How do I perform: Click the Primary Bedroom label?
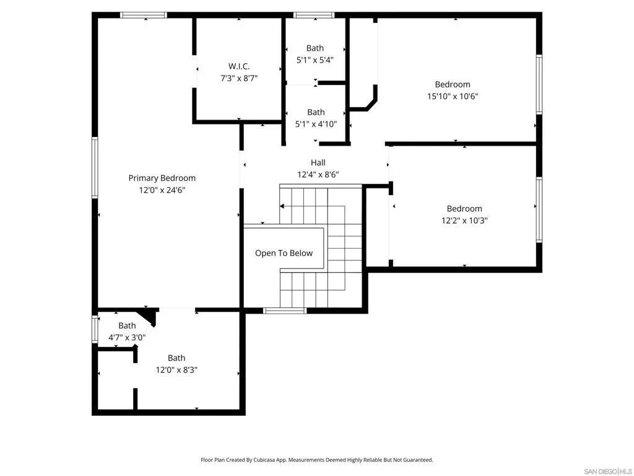coord(162,178)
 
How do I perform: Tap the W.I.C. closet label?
coord(239,66)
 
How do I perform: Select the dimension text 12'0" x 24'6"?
coord(162,190)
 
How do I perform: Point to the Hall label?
coord(318,163)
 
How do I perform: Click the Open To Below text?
coord(284,253)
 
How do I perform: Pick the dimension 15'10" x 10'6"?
coord(453,96)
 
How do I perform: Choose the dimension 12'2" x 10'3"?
coord(464,221)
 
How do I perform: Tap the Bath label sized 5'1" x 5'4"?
coord(315,48)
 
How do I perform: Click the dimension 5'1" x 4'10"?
coord(316,124)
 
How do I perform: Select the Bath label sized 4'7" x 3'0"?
coord(127,326)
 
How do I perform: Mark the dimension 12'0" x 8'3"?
coord(176,370)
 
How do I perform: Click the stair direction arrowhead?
coord(282,206)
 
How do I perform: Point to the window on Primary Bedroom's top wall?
coord(144,15)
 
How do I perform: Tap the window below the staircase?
coord(285,311)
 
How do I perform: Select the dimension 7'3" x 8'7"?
coord(239,78)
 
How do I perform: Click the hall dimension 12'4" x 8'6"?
coord(318,175)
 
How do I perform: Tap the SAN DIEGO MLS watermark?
coord(608,472)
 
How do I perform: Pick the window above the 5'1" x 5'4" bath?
coord(314,15)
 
